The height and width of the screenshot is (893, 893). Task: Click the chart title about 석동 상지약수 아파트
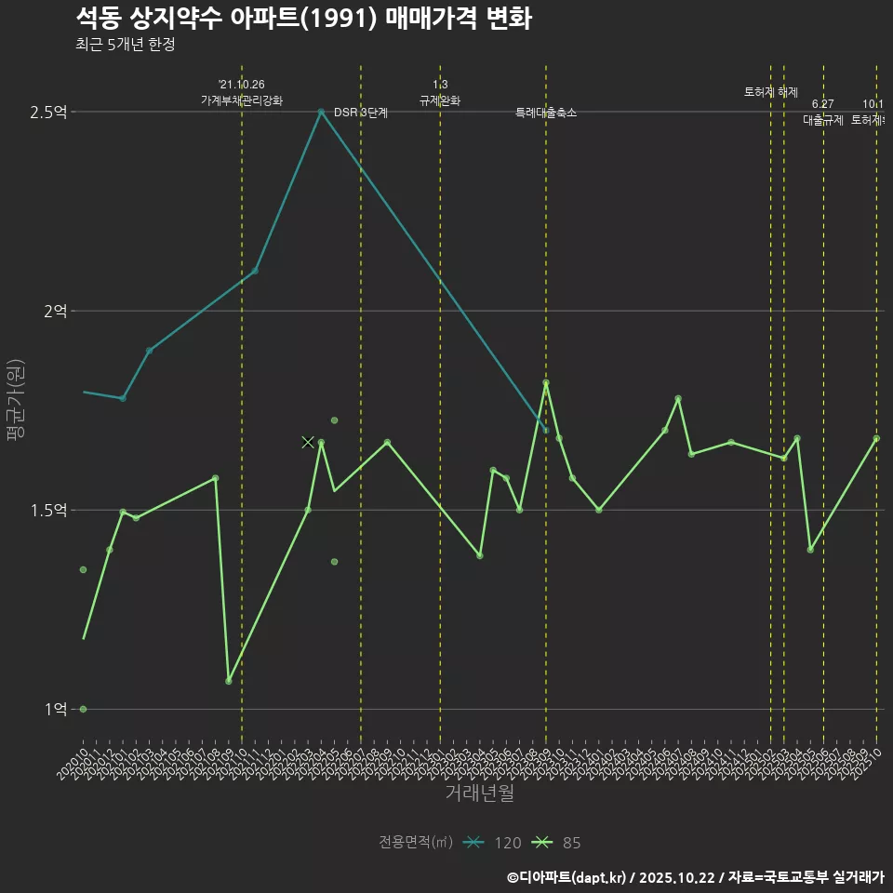click(303, 19)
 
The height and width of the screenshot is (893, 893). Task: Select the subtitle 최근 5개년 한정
click(125, 45)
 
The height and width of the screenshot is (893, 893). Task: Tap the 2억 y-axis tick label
click(55, 312)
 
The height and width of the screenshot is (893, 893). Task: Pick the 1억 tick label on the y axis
click(55, 710)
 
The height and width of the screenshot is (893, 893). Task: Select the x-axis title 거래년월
click(479, 793)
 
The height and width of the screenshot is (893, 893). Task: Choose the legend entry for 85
click(556, 843)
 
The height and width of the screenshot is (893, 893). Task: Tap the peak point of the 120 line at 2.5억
click(321, 112)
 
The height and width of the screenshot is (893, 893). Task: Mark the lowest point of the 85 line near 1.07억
click(229, 682)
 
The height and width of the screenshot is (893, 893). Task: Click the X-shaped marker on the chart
click(308, 443)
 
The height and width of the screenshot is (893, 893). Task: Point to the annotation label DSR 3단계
click(361, 113)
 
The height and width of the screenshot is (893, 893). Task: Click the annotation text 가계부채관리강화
click(242, 100)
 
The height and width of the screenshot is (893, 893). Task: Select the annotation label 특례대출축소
click(546, 113)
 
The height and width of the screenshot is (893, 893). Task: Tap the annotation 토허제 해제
click(771, 92)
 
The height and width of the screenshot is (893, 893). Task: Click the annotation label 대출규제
click(823, 120)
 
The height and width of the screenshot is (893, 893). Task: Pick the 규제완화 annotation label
click(440, 100)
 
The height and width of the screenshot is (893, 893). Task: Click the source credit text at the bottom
click(695, 877)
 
